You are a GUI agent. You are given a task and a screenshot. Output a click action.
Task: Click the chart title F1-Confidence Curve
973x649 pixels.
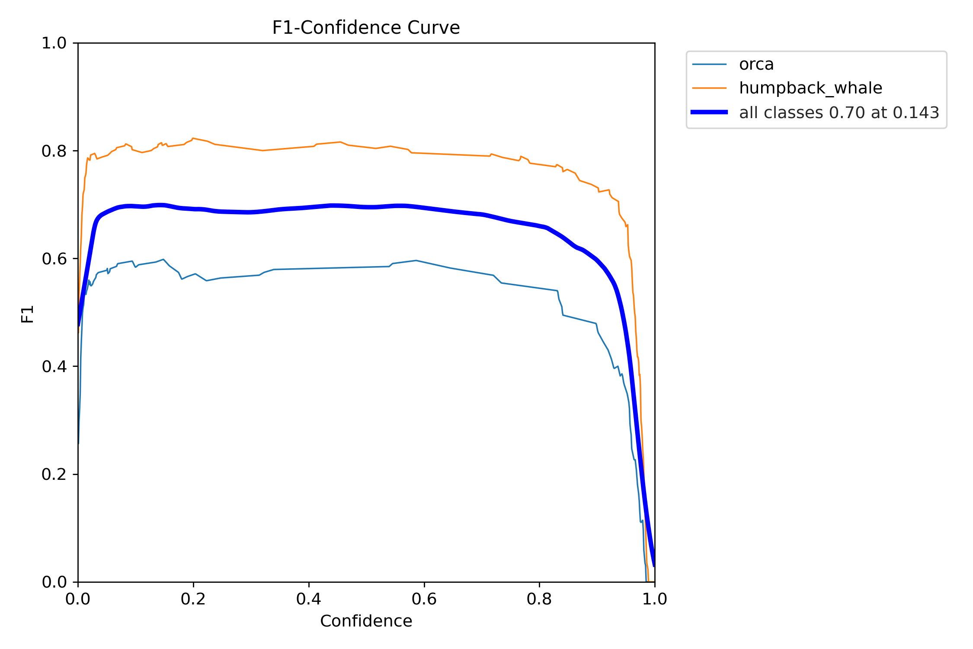point(366,28)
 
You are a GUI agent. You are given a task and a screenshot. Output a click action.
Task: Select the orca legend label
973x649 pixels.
point(756,64)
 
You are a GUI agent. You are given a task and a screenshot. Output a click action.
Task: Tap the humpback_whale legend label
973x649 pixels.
point(810,88)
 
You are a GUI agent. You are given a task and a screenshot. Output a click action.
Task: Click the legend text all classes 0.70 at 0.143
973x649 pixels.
point(839,112)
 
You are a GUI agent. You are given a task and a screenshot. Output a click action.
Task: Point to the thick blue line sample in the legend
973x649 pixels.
point(709,112)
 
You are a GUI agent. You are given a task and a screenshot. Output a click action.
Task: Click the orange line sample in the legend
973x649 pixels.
point(709,88)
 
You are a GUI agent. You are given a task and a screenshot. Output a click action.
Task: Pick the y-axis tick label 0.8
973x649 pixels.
point(54,151)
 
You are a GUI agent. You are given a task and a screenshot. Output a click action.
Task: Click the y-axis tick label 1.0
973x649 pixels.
point(54,43)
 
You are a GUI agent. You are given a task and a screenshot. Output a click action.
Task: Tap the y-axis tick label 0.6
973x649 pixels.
point(54,259)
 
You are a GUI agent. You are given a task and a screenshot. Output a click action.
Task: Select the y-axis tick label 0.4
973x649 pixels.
point(54,366)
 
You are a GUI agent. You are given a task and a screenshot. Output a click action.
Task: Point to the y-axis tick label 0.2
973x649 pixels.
point(54,474)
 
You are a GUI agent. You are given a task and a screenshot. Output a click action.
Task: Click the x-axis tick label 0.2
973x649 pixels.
point(193,599)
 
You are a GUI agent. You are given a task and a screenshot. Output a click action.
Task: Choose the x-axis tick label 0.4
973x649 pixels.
point(309,599)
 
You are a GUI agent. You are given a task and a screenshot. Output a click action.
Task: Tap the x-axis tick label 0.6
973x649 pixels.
point(424,599)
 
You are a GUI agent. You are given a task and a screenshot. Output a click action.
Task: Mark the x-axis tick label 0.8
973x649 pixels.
point(539,599)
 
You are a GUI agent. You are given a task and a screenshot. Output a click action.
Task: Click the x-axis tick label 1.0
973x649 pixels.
point(655,599)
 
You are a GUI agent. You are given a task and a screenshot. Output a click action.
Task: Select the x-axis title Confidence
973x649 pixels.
point(366,621)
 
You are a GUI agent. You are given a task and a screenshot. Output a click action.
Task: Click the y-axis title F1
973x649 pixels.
point(27,314)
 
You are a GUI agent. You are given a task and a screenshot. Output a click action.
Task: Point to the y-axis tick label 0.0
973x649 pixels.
point(54,582)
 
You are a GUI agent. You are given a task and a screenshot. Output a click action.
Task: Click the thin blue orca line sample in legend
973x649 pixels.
point(709,64)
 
